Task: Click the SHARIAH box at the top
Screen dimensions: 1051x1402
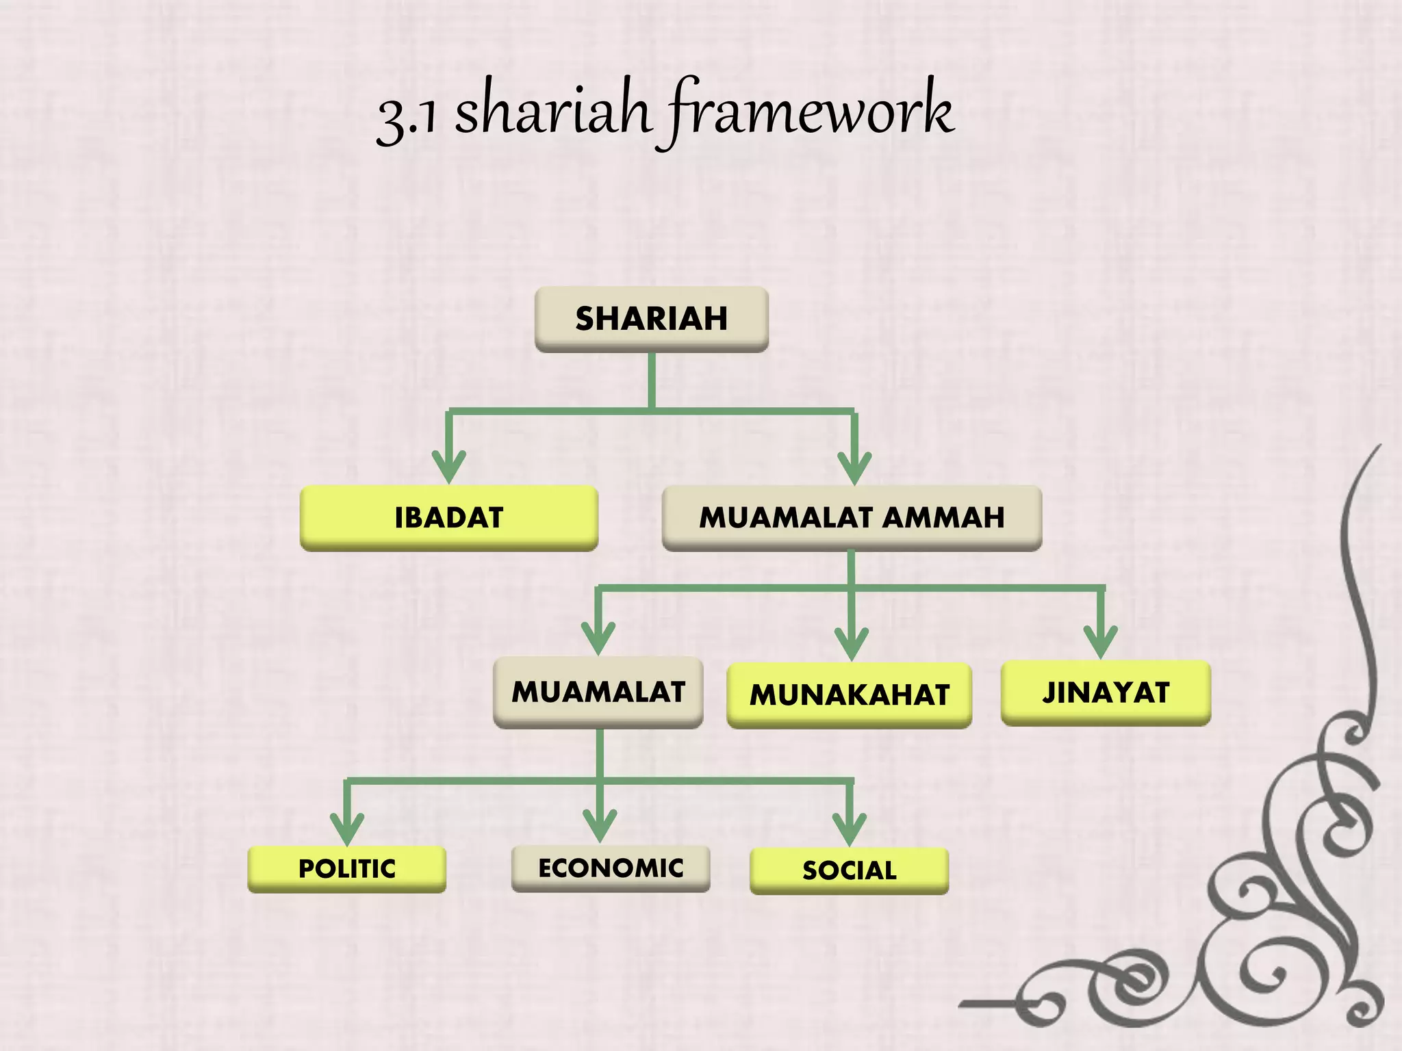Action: (x=651, y=319)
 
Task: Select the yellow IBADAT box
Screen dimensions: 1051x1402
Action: (x=449, y=518)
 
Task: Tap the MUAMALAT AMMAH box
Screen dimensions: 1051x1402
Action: (x=852, y=518)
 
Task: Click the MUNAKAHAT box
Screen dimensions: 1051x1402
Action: (x=849, y=695)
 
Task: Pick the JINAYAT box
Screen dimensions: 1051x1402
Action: (x=1106, y=692)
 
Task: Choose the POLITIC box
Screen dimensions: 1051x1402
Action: (x=346, y=869)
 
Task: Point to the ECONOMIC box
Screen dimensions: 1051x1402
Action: (x=611, y=868)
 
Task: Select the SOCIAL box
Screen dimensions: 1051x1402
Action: (x=849, y=870)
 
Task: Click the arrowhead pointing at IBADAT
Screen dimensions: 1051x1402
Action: (x=449, y=469)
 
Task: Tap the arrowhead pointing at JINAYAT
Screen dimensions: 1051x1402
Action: (x=1101, y=643)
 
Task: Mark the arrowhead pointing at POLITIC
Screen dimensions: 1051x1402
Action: (x=347, y=831)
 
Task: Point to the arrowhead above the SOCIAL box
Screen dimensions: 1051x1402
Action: (x=850, y=831)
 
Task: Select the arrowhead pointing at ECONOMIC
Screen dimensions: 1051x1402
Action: (x=600, y=827)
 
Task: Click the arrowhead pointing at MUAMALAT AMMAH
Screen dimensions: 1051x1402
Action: (x=854, y=469)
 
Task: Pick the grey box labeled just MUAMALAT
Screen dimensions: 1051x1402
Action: (x=598, y=692)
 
